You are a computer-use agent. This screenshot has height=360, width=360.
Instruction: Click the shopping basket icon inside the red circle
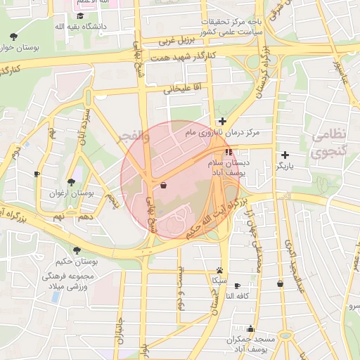pos(163,185)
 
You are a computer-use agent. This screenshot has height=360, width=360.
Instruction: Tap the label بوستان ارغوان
pos(64,193)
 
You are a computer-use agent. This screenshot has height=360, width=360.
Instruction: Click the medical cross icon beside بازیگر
pos(284,155)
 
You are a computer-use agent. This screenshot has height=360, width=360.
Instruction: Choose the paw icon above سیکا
pos(221,269)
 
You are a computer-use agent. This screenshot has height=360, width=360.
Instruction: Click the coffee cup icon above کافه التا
pos(237,285)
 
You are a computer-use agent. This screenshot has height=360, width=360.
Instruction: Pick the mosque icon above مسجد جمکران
pos(250,328)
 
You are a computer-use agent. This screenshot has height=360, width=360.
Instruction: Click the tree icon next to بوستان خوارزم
pos(14,37)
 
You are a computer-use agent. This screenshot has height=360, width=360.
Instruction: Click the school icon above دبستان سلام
pos(229,151)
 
